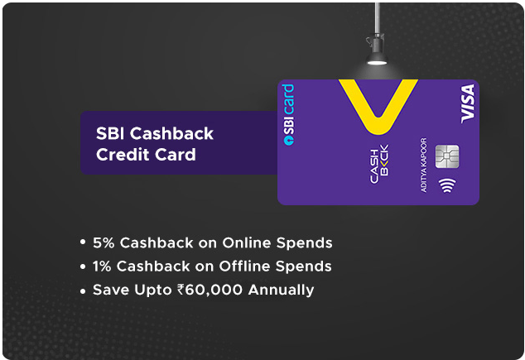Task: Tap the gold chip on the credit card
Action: (446, 156)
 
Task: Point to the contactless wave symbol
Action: (446, 186)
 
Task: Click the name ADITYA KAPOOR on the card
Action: (425, 166)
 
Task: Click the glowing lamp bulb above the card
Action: (377, 63)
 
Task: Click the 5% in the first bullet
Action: (103, 242)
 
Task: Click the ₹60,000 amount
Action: (210, 290)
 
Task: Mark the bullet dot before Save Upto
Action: (82, 290)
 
